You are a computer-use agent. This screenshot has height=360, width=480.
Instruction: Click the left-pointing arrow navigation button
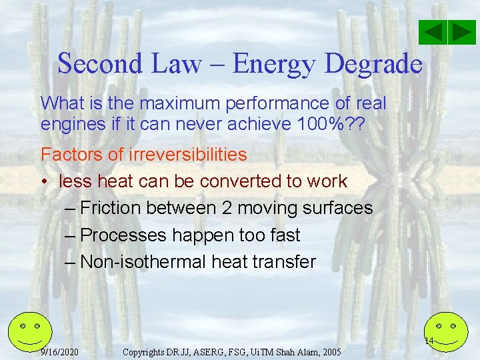pyautogui.click(x=433, y=32)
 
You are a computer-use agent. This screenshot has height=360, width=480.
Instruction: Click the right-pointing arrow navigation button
pyautogui.click(x=461, y=32)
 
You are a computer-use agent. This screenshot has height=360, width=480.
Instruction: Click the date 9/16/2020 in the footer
pyautogui.click(x=60, y=351)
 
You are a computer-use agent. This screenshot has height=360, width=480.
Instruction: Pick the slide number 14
pyautogui.click(x=429, y=341)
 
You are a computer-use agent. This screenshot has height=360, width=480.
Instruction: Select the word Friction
pyautogui.click(x=111, y=208)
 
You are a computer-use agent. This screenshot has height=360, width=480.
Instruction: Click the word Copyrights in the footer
pyautogui.click(x=148, y=351)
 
